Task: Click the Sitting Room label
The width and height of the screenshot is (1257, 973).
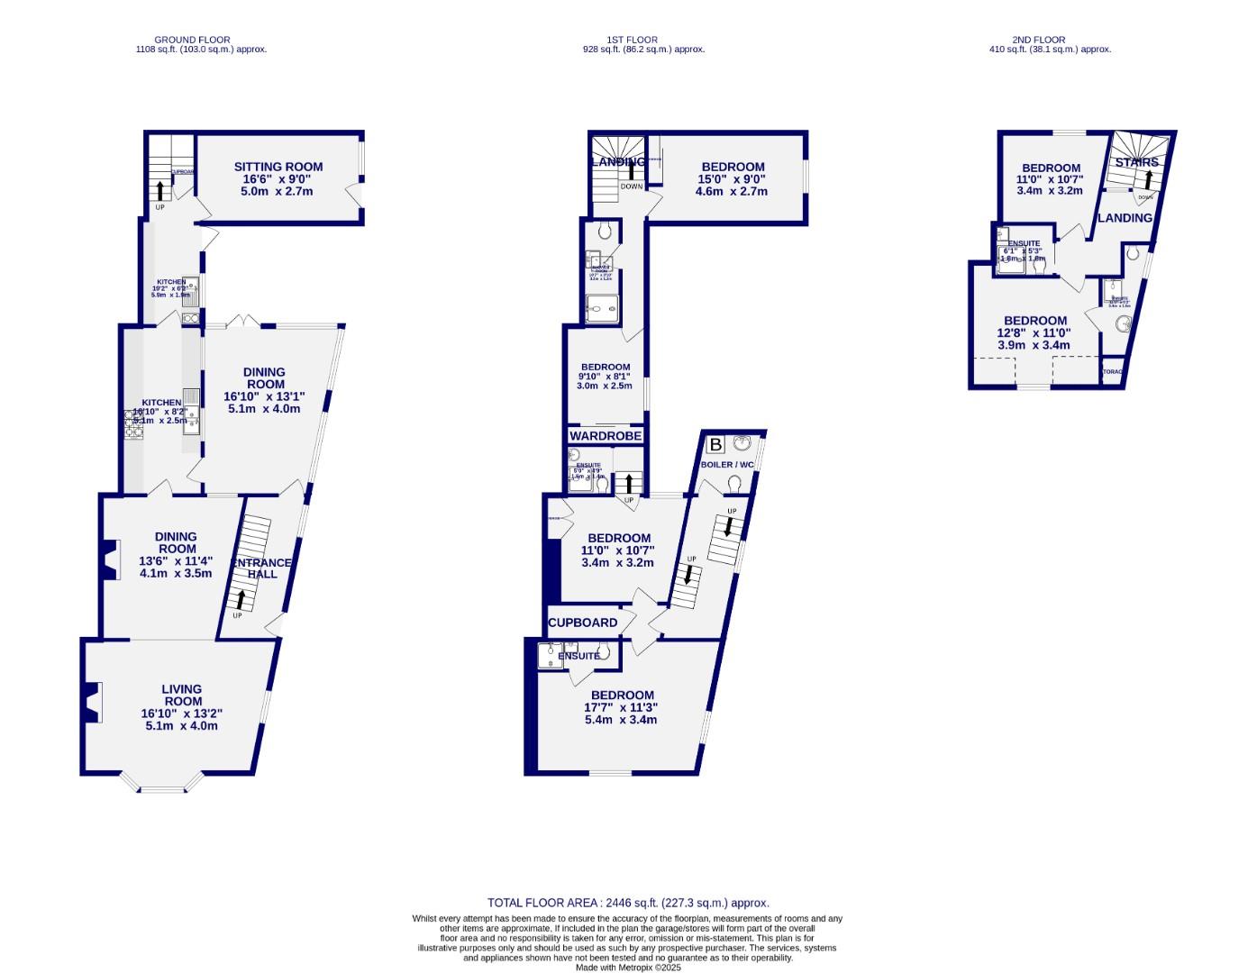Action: click(278, 167)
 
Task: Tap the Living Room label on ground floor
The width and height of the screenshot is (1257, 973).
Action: click(181, 695)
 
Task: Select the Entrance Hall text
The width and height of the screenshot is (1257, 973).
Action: click(261, 568)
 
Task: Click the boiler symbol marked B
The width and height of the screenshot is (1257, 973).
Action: click(715, 445)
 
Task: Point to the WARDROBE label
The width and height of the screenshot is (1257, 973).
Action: click(606, 436)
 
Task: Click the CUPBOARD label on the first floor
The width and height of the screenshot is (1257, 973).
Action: click(583, 623)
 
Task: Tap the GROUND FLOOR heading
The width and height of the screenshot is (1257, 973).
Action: click(192, 40)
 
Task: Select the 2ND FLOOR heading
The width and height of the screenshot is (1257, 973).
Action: click(1038, 40)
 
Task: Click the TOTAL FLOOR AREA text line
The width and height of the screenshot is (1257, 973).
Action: click(628, 902)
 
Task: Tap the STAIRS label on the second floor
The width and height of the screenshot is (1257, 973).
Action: click(1136, 162)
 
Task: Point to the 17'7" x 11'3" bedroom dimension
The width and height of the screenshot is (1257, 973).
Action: click(621, 707)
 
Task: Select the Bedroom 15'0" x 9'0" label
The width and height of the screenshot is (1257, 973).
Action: click(733, 167)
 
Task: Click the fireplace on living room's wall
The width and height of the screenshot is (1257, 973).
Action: click(91, 703)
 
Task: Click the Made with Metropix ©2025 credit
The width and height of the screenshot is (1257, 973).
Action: click(628, 968)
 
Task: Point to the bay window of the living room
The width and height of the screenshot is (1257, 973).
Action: click(163, 784)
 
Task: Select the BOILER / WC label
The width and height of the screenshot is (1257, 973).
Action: click(728, 465)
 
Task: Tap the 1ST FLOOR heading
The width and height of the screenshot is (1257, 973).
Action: click(632, 40)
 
